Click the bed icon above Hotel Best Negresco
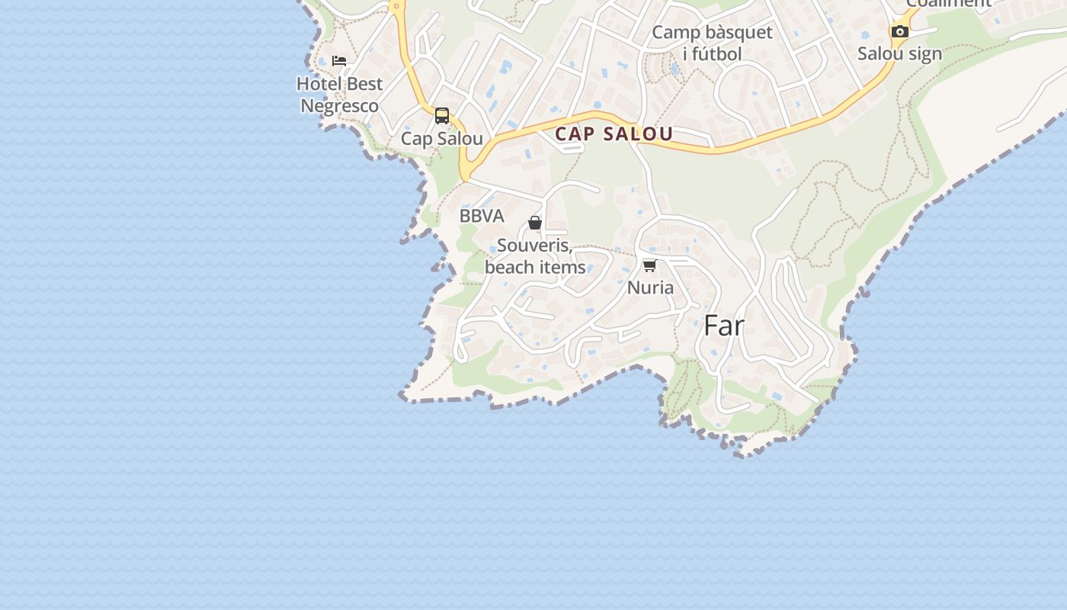tap(339, 61)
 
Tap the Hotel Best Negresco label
tap(339, 95)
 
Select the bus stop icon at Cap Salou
tap(442, 116)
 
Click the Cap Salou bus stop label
tap(442, 139)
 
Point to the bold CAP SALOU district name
tap(614, 134)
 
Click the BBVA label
tap(482, 216)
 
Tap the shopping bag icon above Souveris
tap(535, 223)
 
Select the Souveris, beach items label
tap(535, 256)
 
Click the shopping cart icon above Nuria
tap(649, 265)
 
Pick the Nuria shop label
tap(650, 287)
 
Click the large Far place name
tap(723, 326)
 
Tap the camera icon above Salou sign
tap(900, 32)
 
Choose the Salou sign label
tap(899, 53)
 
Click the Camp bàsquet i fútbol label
tap(712, 43)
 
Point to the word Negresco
tap(339, 106)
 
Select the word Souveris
tap(534, 246)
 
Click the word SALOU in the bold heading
tap(638, 134)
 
